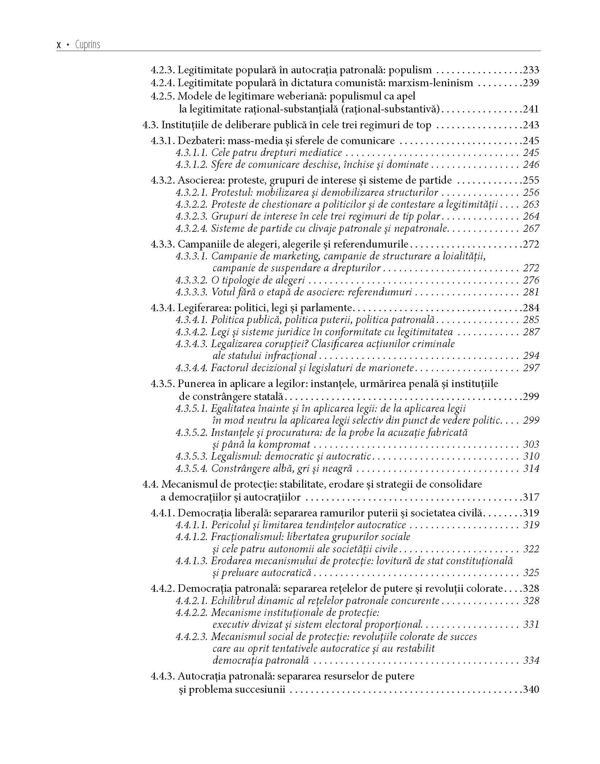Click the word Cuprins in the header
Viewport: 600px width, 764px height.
pos(88,45)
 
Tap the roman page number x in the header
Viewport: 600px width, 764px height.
pos(59,45)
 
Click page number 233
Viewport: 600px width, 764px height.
pos(531,70)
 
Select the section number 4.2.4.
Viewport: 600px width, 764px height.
pos(163,83)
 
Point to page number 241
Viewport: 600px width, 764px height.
pos(531,109)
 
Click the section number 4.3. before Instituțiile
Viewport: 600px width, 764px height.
pos(151,125)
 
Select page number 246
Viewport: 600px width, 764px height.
pos(531,165)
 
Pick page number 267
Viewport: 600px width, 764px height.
pos(531,229)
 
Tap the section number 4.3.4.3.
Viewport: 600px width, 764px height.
pos(192,344)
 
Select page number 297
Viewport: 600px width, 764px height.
pos(531,368)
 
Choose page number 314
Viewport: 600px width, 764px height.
pos(531,469)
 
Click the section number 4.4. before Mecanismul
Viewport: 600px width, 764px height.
pos(151,484)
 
